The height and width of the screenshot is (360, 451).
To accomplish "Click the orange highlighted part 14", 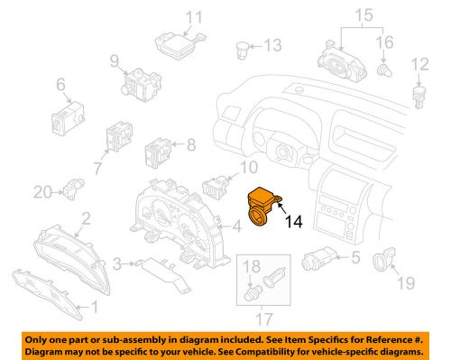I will (x=264, y=206).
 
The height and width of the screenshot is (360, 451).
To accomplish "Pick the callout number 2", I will (x=86, y=217).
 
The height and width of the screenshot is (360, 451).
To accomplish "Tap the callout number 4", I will (x=235, y=226).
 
